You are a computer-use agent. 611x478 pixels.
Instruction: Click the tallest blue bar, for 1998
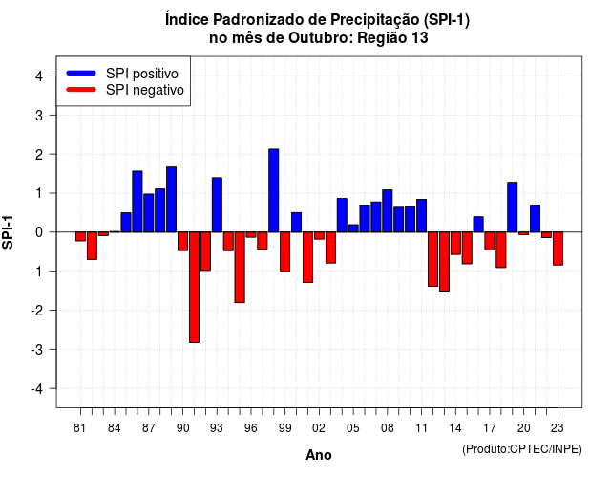274,190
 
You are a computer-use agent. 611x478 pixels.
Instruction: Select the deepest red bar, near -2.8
194,287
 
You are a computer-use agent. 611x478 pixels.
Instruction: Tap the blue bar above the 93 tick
217,205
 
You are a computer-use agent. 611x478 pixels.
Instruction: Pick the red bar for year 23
558,249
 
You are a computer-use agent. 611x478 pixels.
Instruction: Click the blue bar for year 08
388,210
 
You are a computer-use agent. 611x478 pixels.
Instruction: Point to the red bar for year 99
284,251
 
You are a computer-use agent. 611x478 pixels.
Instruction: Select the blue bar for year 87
149,213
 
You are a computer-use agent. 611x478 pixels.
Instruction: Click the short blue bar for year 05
353,228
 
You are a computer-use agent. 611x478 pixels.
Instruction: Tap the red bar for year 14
455,243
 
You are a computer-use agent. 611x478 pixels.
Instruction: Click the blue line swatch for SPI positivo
81,73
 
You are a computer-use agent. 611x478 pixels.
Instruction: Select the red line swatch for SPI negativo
81,89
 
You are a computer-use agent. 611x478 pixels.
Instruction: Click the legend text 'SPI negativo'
145,90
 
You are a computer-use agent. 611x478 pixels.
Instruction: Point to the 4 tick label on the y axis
39,76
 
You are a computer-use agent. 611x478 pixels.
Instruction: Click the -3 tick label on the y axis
36,349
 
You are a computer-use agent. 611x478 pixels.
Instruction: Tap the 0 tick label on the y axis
39,232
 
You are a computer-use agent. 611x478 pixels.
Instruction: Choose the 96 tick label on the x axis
251,428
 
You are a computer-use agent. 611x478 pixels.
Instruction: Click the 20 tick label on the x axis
524,428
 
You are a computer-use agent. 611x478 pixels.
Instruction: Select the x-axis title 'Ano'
319,455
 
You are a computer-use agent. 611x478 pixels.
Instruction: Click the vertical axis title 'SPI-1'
8,232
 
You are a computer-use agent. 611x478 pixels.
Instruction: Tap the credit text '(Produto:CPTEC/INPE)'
522,449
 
